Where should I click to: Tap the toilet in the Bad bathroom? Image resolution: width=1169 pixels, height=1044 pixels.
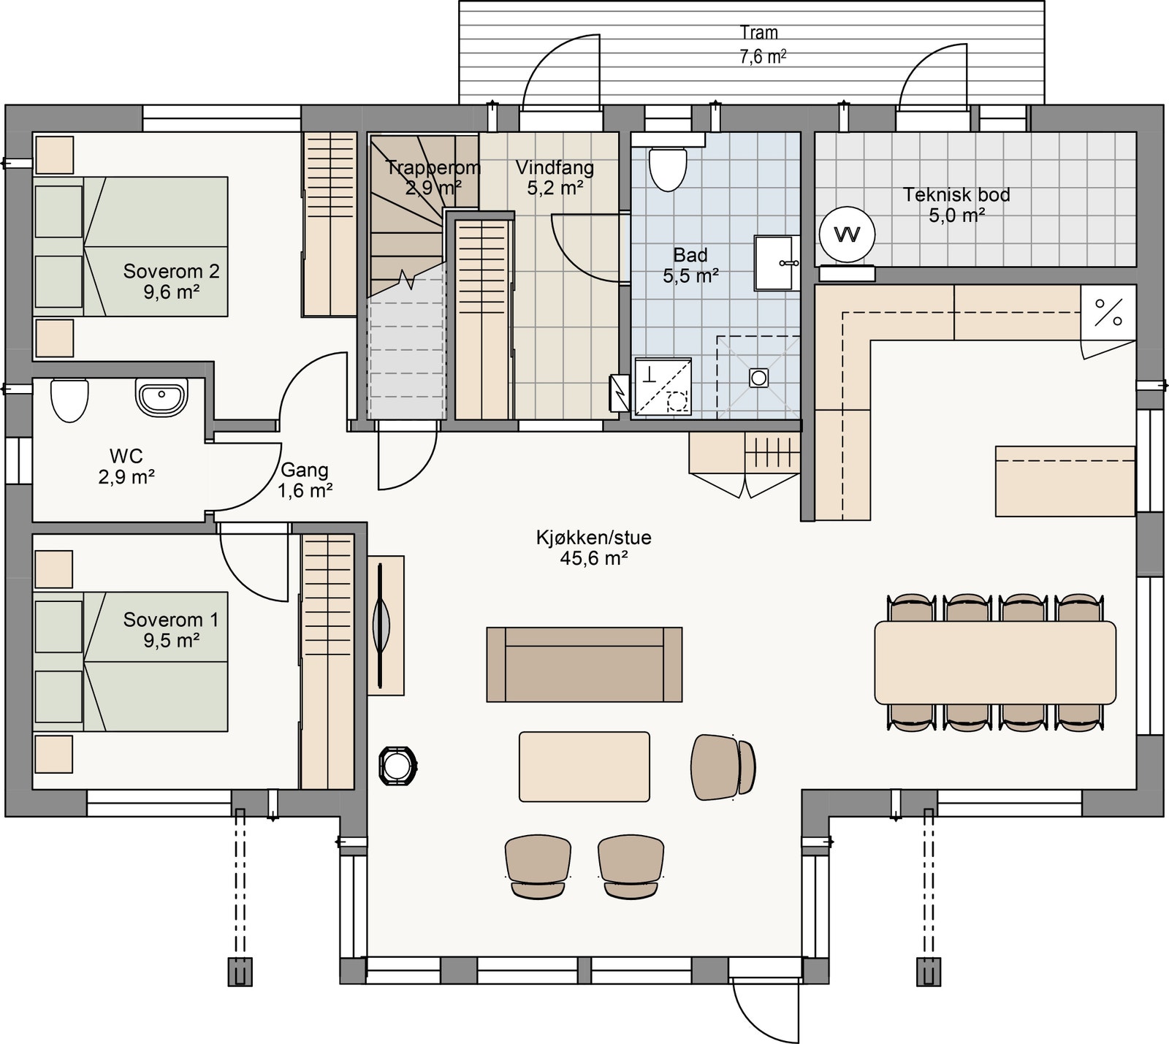[668, 168]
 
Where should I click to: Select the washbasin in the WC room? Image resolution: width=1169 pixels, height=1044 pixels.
[161, 398]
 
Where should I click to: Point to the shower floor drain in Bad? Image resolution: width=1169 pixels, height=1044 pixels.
[758, 378]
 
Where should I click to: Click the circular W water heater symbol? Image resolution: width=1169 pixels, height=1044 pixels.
[847, 235]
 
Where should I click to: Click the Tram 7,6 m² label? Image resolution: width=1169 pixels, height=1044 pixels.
[761, 44]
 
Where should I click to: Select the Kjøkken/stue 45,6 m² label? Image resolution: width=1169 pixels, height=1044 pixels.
[593, 547]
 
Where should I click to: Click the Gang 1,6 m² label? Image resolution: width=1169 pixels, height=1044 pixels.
[305, 480]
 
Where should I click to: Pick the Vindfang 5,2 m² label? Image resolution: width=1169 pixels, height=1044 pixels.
[555, 177]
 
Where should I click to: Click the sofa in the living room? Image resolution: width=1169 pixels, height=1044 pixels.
[584, 664]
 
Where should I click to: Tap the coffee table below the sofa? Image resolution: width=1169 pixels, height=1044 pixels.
[584, 766]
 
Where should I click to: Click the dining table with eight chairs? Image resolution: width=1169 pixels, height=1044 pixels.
[994, 662]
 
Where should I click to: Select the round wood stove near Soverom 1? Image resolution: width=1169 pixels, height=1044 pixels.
[397, 766]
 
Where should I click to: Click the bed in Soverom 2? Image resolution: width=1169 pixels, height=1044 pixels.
[132, 246]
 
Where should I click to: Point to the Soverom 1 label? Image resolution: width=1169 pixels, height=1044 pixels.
[170, 629]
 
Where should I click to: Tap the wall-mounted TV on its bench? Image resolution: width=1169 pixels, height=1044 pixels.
[382, 625]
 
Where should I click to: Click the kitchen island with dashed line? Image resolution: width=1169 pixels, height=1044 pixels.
[1065, 481]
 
